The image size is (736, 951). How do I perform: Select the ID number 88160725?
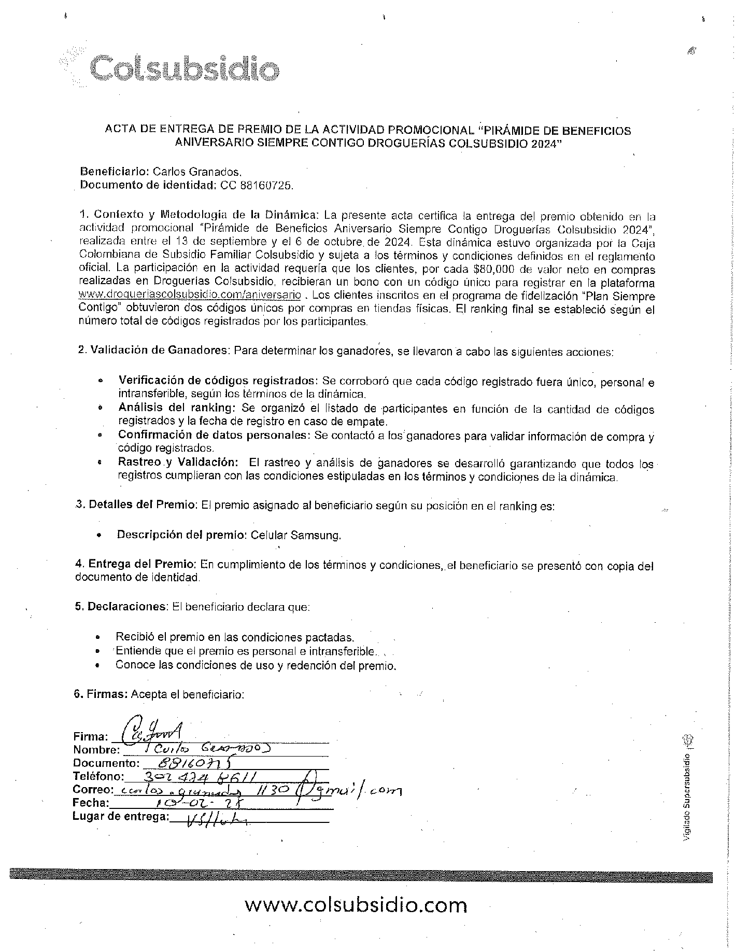(267, 185)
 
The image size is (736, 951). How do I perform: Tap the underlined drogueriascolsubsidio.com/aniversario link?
(189, 295)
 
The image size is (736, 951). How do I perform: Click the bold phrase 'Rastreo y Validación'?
(178, 462)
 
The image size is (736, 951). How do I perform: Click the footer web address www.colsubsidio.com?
(356, 905)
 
